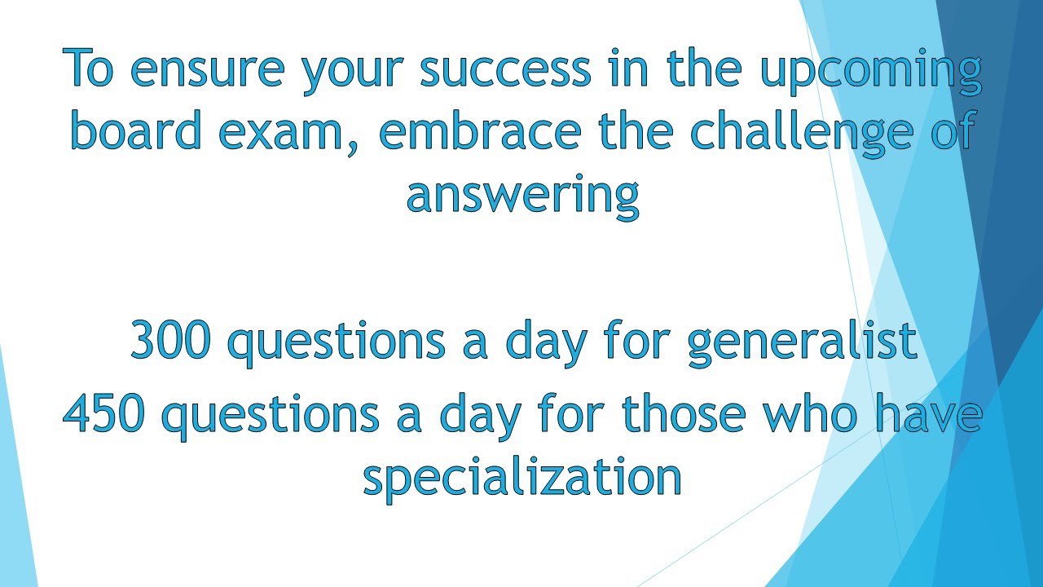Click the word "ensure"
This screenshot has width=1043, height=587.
[x=207, y=70]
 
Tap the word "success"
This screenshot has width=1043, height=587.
[x=505, y=70]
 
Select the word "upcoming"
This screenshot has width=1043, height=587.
[x=871, y=73]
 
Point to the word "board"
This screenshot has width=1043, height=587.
[x=136, y=130]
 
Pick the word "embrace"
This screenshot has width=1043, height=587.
[x=480, y=130]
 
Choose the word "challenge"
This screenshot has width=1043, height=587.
[x=801, y=134]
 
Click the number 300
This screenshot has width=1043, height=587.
[x=170, y=340]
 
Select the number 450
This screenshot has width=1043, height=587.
[x=103, y=413]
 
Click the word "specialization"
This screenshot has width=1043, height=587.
[x=522, y=479]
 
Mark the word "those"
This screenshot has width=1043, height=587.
[x=684, y=413]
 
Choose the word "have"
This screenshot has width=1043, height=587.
[x=928, y=413]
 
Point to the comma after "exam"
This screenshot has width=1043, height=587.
[x=353, y=148]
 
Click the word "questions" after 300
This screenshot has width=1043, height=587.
[x=336, y=344]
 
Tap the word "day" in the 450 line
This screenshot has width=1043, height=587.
[x=480, y=417]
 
